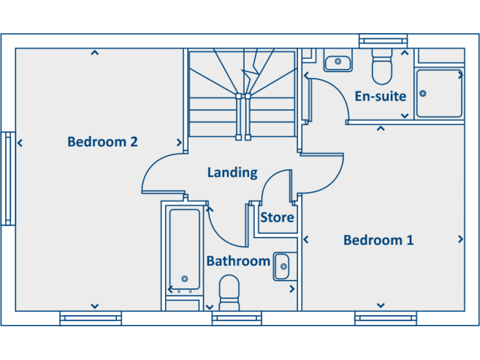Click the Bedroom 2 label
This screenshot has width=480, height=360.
(x=102, y=142)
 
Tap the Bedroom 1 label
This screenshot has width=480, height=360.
(x=378, y=240)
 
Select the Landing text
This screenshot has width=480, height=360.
(x=232, y=172)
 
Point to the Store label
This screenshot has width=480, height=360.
(x=277, y=217)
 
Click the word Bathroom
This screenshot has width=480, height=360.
(x=238, y=261)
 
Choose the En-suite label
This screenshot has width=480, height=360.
(x=380, y=96)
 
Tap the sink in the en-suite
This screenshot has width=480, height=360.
(x=337, y=62)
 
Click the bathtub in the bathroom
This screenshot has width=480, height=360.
(x=184, y=250)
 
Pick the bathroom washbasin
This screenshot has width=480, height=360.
(x=284, y=267)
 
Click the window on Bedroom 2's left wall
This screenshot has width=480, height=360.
(x=7, y=178)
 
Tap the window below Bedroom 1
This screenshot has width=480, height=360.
(x=386, y=319)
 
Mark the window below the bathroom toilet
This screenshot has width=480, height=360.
(x=236, y=319)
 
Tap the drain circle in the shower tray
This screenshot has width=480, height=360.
(x=423, y=94)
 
